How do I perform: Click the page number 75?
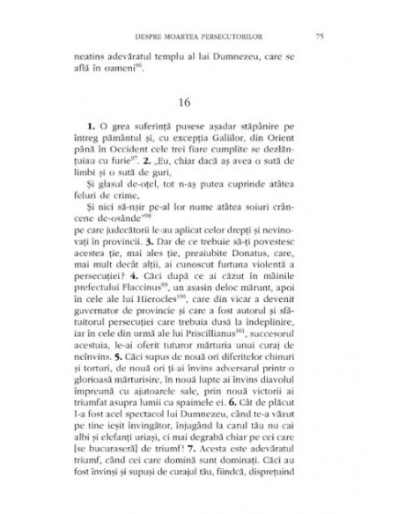coord(319,36)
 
